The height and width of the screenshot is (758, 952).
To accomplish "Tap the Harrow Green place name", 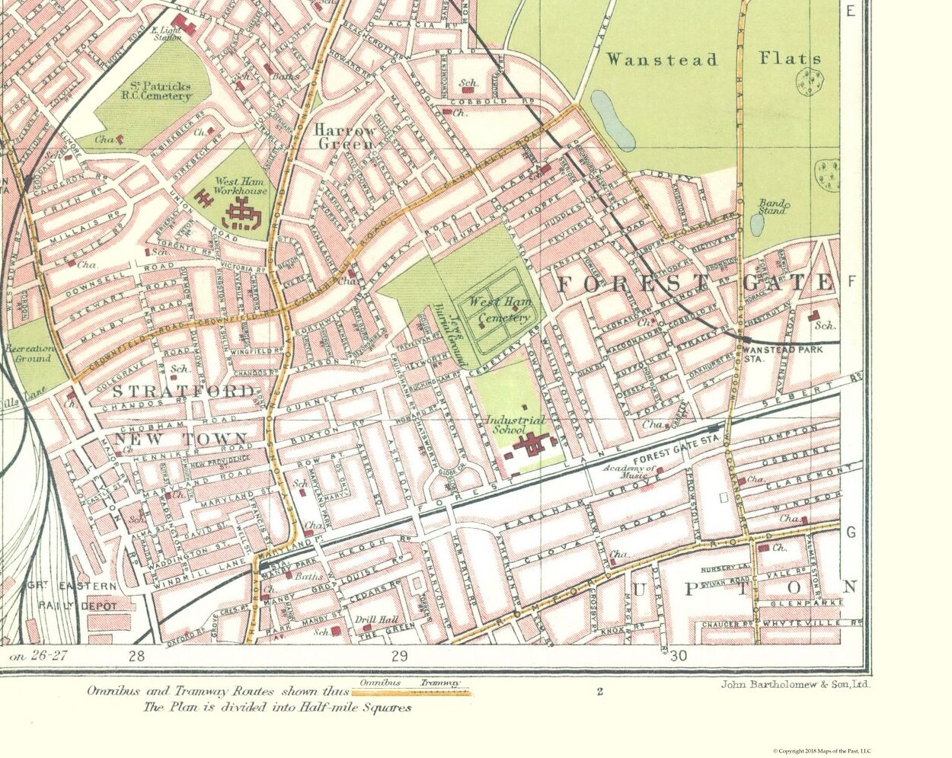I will (x=345, y=136).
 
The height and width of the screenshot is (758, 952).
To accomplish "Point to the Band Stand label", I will (x=772, y=206).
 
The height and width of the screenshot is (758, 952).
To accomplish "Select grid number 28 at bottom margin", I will (x=136, y=656).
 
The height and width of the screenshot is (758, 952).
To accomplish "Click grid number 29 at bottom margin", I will (x=398, y=656).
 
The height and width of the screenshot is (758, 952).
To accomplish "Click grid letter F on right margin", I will (x=851, y=283).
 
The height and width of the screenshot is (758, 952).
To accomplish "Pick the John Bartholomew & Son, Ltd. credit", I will (x=795, y=684).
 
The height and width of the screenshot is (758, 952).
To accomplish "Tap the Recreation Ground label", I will (x=28, y=353).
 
